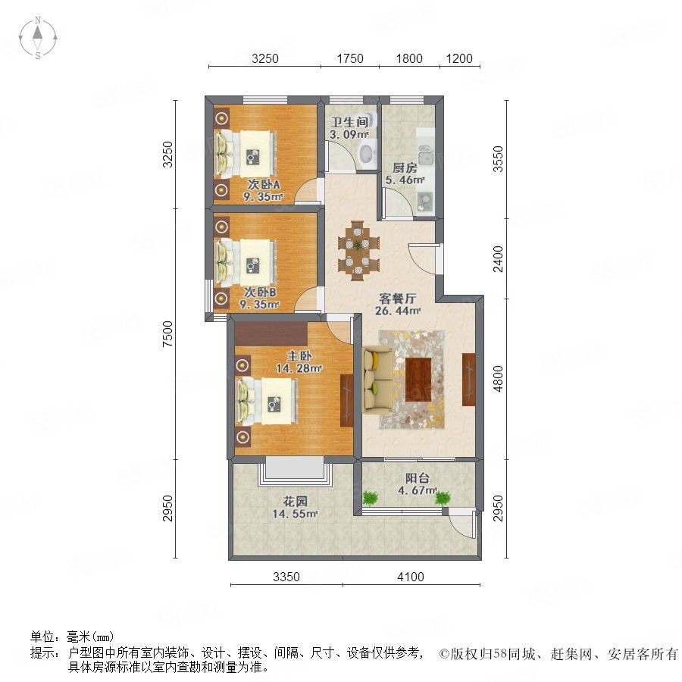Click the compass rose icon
pos(38,37)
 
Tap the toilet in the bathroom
pos(368,154)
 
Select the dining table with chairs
pos(358,251)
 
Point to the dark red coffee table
pos(418,380)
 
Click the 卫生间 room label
pos(349,122)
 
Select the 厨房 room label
pos(405,167)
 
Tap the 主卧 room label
pos(299,356)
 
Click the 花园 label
pos(295,501)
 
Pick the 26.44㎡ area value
pos(398,311)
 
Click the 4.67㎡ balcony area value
pos(417,490)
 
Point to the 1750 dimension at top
pos(349,58)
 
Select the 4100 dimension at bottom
pos(410,577)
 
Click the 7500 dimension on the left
pos(167,333)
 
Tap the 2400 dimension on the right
pos(498,259)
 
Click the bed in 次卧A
pos(246,154)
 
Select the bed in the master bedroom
pos(267,401)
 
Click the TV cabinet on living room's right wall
pos(468,380)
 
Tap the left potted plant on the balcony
pos(370,498)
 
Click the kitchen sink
pos(426,155)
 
